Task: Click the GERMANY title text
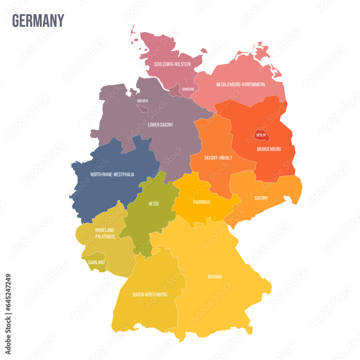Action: (x=38, y=21)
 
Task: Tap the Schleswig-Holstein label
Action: (x=172, y=64)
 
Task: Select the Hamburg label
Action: (x=188, y=89)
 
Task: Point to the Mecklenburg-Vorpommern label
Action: (x=240, y=85)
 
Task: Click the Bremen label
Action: (x=143, y=101)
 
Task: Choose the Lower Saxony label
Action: (x=160, y=125)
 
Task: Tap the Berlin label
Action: (x=261, y=135)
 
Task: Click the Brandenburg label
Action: (x=269, y=149)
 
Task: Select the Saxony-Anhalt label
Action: (x=218, y=158)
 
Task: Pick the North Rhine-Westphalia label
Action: (x=112, y=175)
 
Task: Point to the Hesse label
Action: (x=154, y=204)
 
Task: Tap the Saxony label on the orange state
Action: (x=261, y=198)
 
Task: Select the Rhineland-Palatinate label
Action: (x=105, y=233)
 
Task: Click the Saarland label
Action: (x=96, y=262)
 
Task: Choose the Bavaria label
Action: (x=215, y=277)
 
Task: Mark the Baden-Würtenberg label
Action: (x=150, y=294)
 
